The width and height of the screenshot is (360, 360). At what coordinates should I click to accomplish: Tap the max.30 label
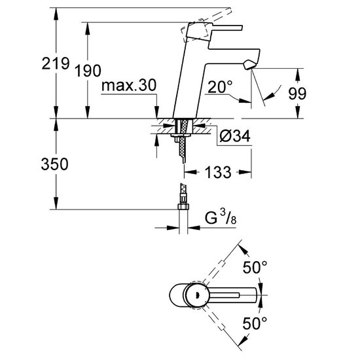pyautogui.click(x=128, y=86)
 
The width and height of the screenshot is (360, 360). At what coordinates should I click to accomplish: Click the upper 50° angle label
pyautogui.click(x=256, y=268)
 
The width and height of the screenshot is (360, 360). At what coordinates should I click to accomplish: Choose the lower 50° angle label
pyautogui.click(x=256, y=323)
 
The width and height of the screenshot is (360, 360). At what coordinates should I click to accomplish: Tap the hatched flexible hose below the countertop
pyautogui.click(x=182, y=141)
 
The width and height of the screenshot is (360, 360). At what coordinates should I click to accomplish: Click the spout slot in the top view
pyautogui.click(x=229, y=296)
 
